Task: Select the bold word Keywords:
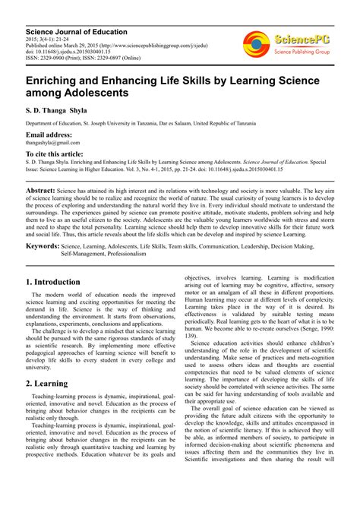pos(43,246)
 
